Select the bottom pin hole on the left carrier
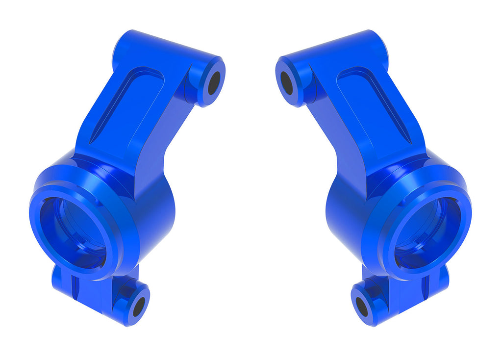[139, 307]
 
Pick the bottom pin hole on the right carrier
[362, 307]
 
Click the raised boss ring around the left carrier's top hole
[206, 93]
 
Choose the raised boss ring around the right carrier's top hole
[295, 93]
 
